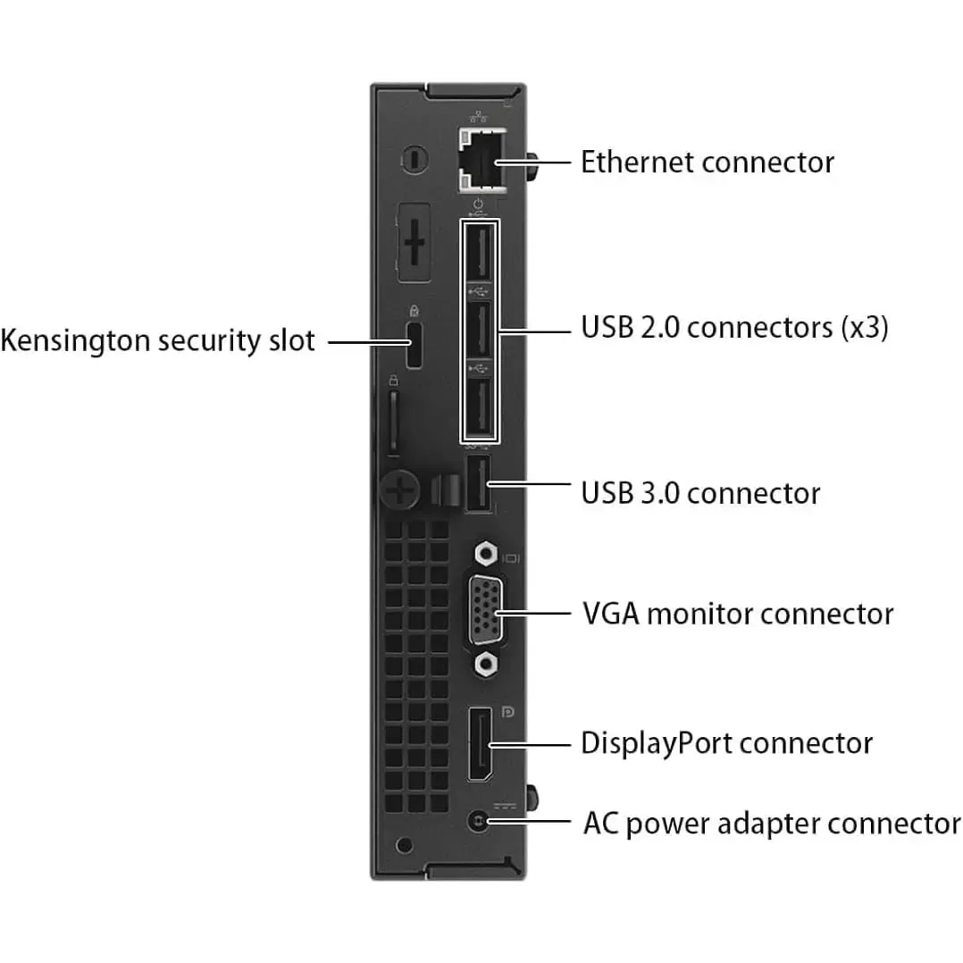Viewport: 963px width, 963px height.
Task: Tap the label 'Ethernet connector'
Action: click(708, 163)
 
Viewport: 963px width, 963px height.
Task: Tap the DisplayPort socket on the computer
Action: click(479, 743)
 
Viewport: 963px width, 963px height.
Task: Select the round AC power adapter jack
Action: click(480, 820)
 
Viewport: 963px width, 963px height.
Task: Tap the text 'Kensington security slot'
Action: click(158, 340)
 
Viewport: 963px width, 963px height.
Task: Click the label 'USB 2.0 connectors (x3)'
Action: click(734, 328)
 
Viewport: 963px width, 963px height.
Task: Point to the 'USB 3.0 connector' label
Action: click(700, 493)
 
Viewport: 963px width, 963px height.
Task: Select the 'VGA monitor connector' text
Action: click(738, 615)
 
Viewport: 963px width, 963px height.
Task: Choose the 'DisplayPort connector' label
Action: click(726, 743)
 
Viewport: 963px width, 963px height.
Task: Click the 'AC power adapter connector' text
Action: click(772, 823)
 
